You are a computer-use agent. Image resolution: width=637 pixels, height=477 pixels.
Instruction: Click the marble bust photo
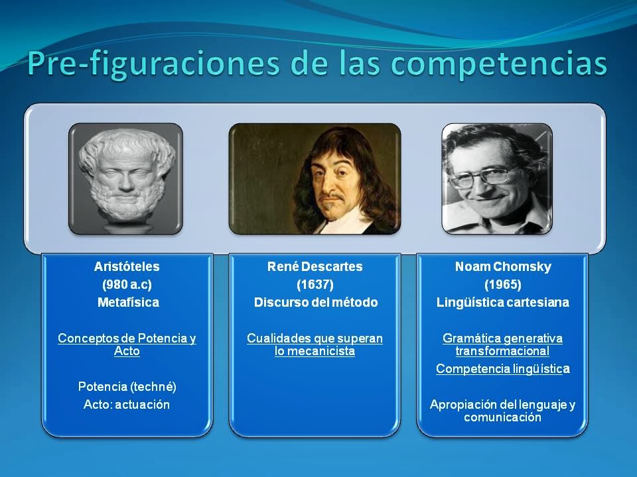point(126,178)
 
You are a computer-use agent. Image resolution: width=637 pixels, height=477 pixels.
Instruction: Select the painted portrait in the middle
point(315,178)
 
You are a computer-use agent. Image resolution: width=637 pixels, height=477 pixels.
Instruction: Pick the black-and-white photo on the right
point(497,178)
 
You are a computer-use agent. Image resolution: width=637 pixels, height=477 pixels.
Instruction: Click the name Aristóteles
point(127,267)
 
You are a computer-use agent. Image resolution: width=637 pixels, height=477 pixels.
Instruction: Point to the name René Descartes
point(315,267)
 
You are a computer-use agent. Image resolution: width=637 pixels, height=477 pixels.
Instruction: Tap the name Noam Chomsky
point(503,267)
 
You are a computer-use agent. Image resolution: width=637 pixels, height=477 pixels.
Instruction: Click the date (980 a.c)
point(127,285)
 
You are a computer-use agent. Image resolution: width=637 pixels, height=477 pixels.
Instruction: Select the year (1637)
point(315,285)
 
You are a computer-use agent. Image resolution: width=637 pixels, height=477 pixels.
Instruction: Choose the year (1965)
point(503,285)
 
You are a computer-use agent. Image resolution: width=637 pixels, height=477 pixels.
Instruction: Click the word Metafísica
point(127,303)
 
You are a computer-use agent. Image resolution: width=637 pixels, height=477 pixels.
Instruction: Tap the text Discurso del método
point(316,303)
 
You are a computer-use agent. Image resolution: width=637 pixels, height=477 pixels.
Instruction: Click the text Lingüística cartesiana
point(503,303)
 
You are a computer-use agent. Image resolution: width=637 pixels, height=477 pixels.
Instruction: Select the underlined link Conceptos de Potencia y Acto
point(127,344)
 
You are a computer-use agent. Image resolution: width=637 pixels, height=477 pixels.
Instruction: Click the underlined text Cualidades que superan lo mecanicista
point(315,344)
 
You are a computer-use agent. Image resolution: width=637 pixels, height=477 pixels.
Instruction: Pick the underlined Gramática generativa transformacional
point(503,344)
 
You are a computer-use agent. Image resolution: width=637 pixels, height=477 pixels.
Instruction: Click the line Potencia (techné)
point(127,386)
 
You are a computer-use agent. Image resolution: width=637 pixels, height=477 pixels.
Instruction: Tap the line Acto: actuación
point(127,404)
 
